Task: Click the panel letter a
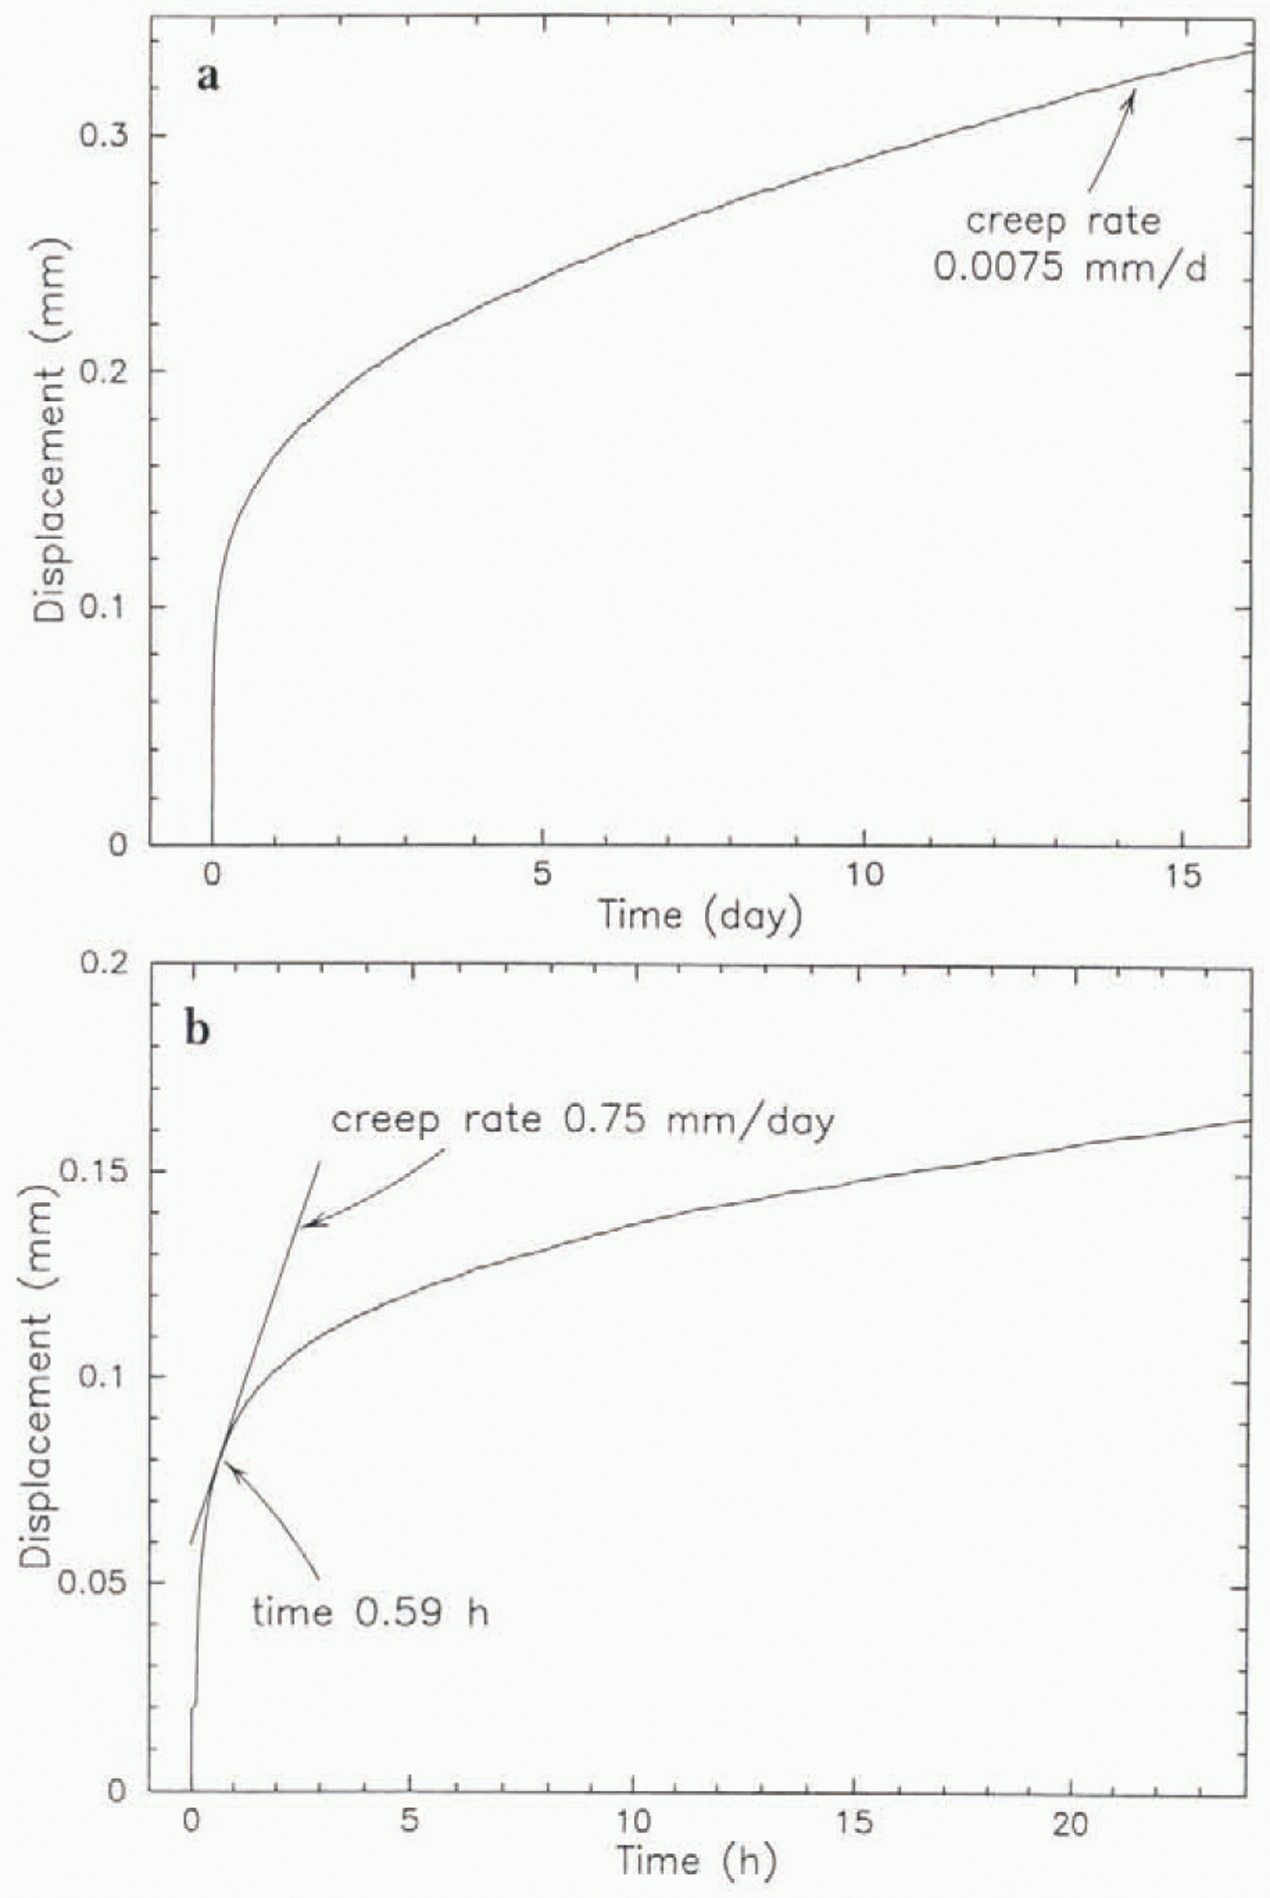pyautogui.click(x=208, y=77)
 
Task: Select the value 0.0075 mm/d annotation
pyautogui.click(x=1070, y=268)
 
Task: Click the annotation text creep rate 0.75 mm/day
pyautogui.click(x=582, y=1120)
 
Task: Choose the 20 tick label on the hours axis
pyautogui.click(x=1070, y=1822)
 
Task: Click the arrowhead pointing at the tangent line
pyautogui.click(x=309, y=1225)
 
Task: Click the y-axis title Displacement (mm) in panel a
pyautogui.click(x=50, y=430)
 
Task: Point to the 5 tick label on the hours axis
pyautogui.click(x=411, y=1822)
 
